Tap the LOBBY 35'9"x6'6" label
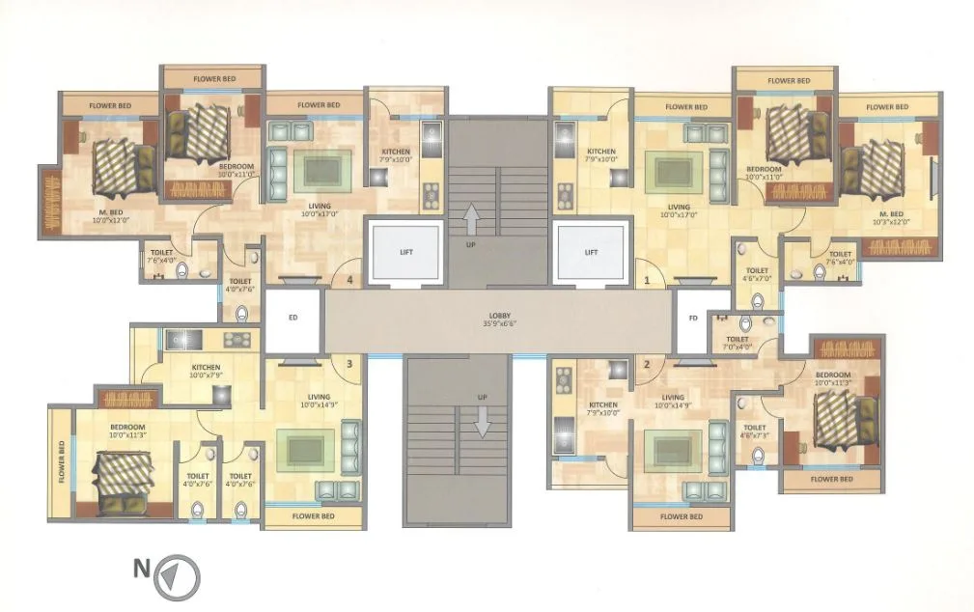point(498,320)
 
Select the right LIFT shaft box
point(592,252)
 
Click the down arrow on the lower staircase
point(480,420)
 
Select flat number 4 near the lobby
point(350,281)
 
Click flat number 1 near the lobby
point(648,281)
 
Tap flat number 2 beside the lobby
point(647,364)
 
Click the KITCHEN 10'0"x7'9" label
point(206,372)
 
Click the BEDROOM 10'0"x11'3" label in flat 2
point(832,377)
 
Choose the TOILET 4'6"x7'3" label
point(754,431)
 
